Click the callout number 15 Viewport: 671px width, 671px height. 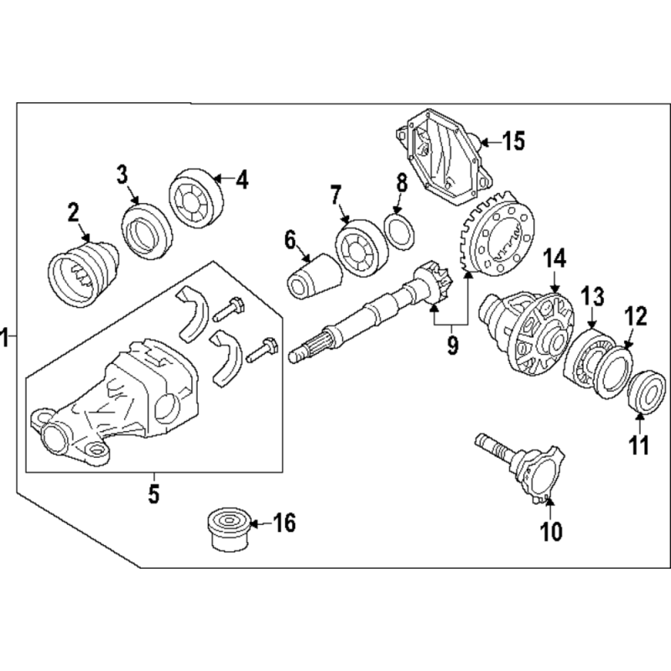point(513,141)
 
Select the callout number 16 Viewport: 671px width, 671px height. point(284,523)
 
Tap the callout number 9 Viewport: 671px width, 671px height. point(452,345)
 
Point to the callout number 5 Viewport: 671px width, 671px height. point(153,494)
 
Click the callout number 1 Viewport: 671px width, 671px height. point(5,337)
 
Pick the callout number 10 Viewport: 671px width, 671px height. point(551,531)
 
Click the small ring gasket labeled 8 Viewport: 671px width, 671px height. point(400,233)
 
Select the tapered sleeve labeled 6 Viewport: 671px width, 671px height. point(314,277)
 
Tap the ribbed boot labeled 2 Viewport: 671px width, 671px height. point(82,274)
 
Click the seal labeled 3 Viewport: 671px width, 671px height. point(147,231)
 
